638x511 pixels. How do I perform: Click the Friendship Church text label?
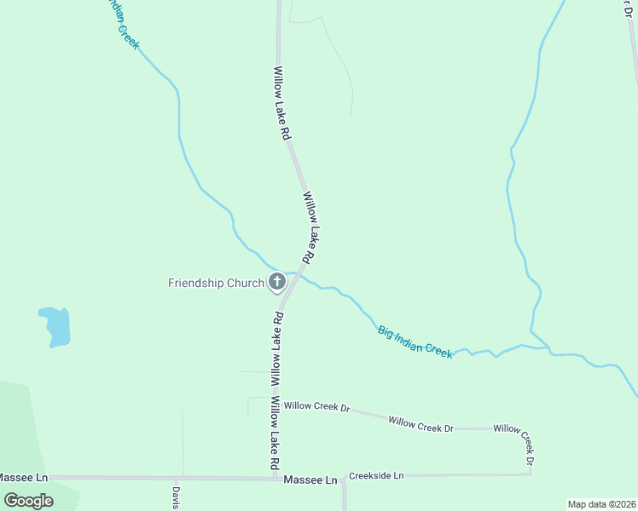[216, 283]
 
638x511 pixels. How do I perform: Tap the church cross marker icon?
[277, 282]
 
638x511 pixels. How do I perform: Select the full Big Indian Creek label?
[415, 342]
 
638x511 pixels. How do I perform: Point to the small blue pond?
[56, 326]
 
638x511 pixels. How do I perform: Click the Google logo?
[29, 501]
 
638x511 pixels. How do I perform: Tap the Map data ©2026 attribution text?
[600, 504]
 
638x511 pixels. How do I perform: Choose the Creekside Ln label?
[375, 475]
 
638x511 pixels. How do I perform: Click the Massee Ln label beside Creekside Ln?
[310, 481]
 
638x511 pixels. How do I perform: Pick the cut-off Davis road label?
[176, 497]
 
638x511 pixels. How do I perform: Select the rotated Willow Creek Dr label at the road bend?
[518, 443]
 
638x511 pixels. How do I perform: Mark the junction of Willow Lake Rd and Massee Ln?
[280, 478]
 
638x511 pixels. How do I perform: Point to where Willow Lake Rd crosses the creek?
[295, 273]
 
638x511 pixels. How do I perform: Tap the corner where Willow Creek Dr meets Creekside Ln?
[531, 474]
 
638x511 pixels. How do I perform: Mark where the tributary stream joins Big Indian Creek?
[549, 349]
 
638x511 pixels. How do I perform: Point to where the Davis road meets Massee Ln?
[182, 478]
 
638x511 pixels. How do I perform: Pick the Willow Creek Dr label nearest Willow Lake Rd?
[317, 407]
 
